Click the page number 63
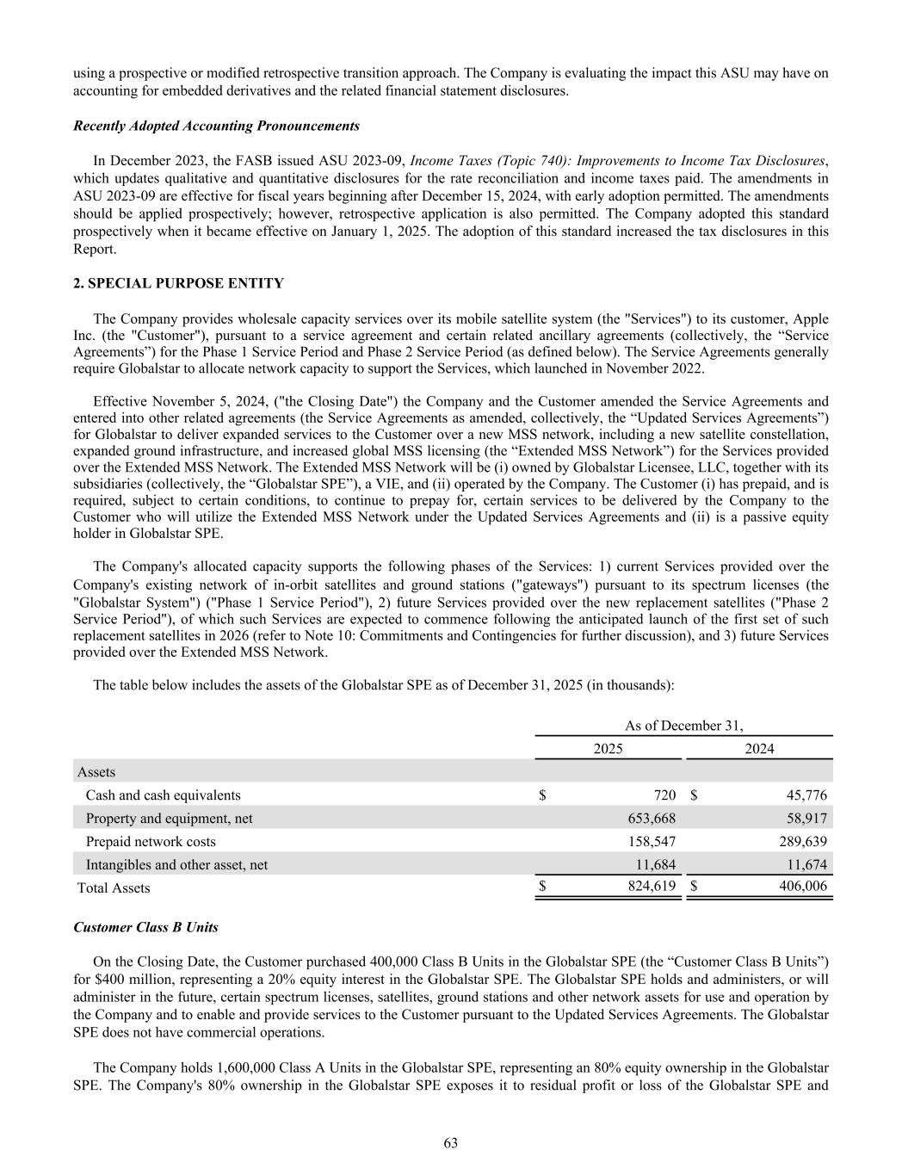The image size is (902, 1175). [451, 1142]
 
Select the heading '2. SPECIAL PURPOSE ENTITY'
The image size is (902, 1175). [178, 283]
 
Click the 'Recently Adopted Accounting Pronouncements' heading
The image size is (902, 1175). [216, 126]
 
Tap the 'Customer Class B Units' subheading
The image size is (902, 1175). [145, 927]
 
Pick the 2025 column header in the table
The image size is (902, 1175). [609, 749]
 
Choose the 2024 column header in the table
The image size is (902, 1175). [758, 749]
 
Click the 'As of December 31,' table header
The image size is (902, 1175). [683, 726]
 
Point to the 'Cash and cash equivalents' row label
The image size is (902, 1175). [163, 795]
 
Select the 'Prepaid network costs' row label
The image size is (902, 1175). [151, 841]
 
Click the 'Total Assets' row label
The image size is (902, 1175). [114, 887]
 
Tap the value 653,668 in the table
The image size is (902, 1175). [652, 819]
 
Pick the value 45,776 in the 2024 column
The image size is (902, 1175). [802, 795]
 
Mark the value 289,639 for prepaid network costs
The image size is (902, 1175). [801, 841]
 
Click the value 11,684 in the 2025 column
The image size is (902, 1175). [655, 864]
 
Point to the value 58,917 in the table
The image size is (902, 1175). [806, 819]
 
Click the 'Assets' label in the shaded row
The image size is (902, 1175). [96, 772]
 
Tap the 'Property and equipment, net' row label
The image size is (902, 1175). [169, 819]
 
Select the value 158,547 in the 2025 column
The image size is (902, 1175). [652, 841]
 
